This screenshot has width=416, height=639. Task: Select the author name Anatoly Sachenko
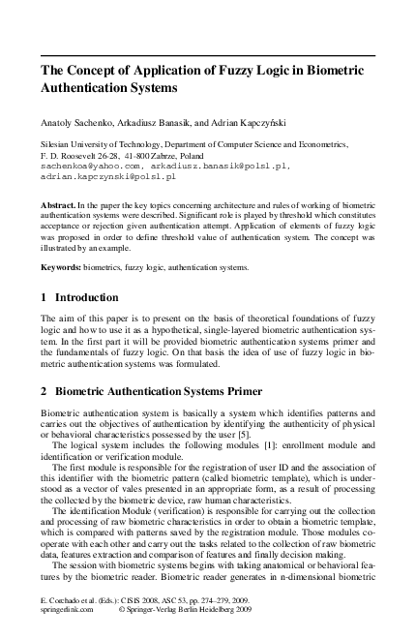click(x=75, y=122)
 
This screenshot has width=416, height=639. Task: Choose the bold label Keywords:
click(x=63, y=266)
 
